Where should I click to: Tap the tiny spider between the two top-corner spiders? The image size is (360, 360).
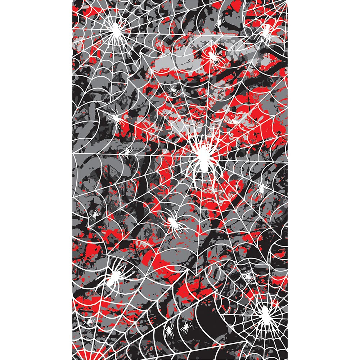pos(219,24)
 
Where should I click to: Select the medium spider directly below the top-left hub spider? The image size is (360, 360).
pos(116,118)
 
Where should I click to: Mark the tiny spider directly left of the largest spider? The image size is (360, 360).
pos(126,151)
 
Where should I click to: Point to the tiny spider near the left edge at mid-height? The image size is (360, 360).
pos(95,215)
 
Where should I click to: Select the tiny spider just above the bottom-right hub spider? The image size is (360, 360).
pos(248,276)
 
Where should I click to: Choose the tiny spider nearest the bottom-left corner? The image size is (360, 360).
pos(89,321)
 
